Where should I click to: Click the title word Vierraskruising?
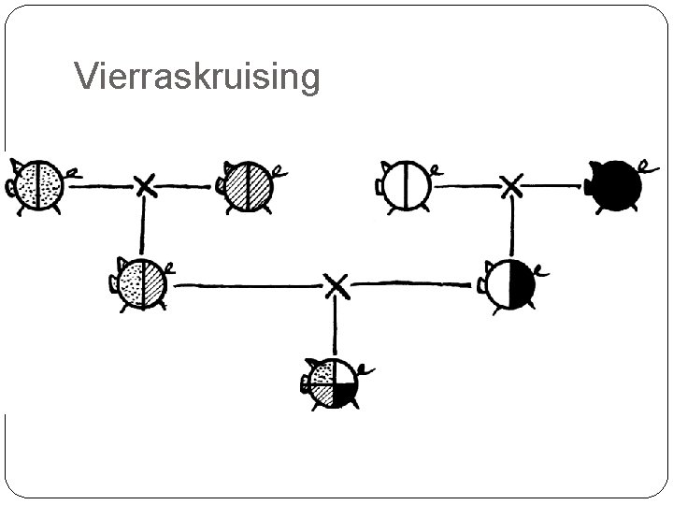pos(196,77)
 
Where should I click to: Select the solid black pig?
pos(616,186)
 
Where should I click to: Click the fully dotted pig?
pos(40,185)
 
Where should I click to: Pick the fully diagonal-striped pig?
pos(248,185)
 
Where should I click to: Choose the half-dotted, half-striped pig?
pos(143,281)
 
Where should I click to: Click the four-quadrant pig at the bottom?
pos(335,383)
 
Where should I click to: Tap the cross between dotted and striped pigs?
pos(144,185)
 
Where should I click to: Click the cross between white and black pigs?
pos(511,185)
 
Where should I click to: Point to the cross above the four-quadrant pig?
pos(336,284)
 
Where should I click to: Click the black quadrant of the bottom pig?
pos(346,397)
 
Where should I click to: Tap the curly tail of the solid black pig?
pos(644,167)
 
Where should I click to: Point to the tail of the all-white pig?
pos(437,170)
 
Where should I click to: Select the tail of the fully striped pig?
pos(279,170)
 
